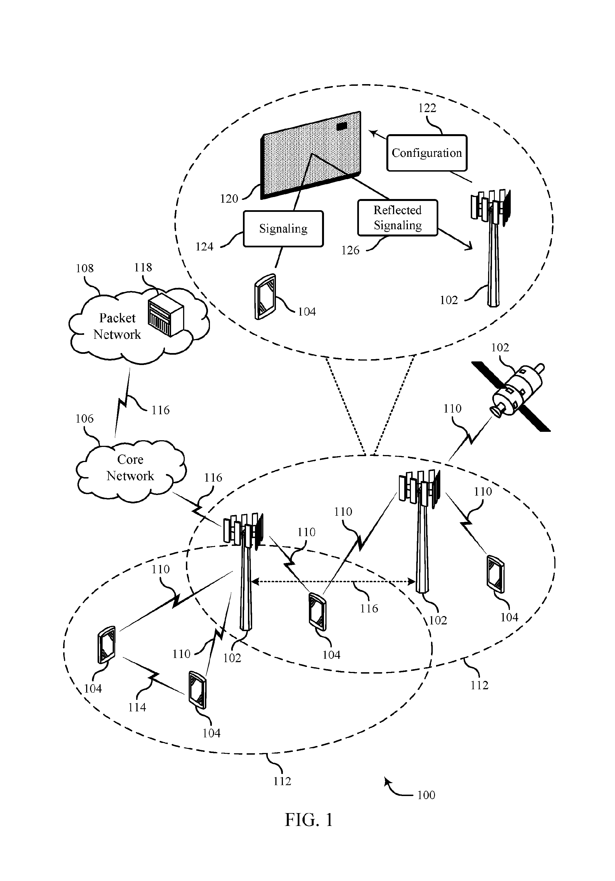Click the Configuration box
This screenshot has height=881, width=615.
(x=427, y=153)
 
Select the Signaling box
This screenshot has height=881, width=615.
(x=283, y=229)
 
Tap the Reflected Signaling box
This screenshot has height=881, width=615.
(x=398, y=217)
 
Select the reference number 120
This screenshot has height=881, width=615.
(x=229, y=199)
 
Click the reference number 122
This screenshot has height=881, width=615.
(x=427, y=108)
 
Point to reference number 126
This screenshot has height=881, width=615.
(x=350, y=250)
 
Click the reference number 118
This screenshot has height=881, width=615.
(x=143, y=267)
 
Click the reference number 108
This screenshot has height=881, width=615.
(x=84, y=268)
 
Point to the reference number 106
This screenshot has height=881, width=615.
(x=84, y=419)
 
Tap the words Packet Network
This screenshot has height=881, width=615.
(x=117, y=326)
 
